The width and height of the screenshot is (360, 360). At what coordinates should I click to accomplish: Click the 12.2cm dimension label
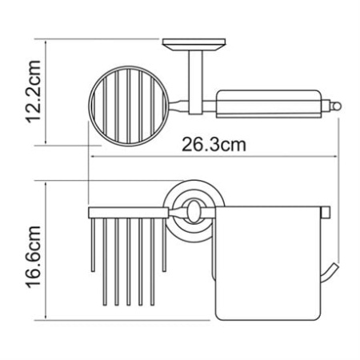tap(34, 91)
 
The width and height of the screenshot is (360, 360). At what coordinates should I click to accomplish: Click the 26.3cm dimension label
tap(214, 145)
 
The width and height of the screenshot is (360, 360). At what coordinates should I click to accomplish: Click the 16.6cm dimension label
tap(34, 257)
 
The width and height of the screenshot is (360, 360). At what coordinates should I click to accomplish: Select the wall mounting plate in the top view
tap(194, 45)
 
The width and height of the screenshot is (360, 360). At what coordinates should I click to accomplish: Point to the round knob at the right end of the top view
tap(336, 107)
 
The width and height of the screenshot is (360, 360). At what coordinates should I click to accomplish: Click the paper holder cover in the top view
tap(270, 104)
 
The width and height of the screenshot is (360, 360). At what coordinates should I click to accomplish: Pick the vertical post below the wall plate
tap(195, 82)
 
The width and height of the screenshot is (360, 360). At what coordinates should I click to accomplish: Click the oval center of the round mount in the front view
tap(193, 211)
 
